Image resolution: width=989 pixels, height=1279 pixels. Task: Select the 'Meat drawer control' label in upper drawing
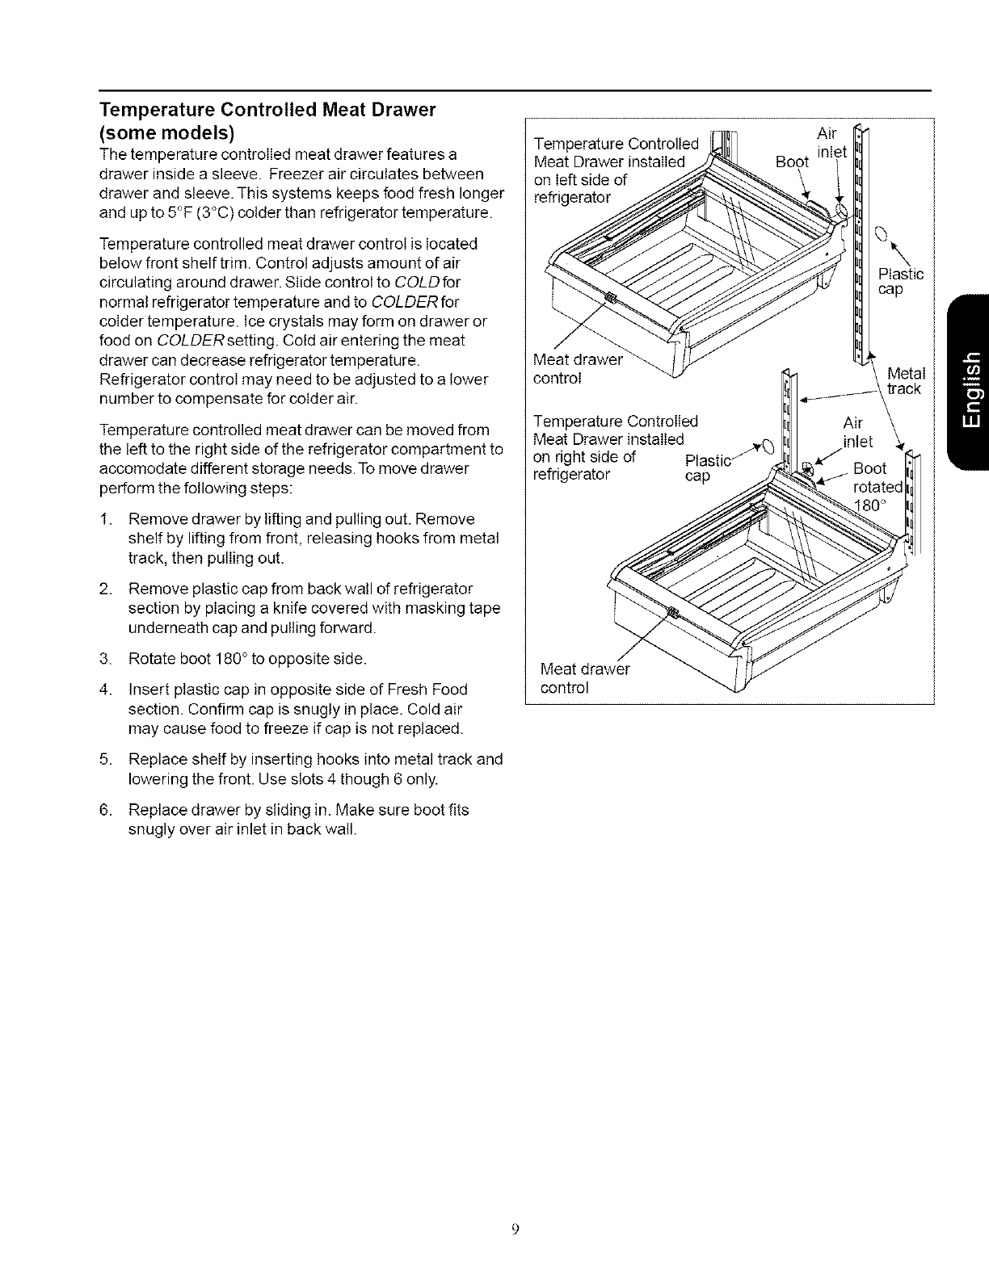point(579,369)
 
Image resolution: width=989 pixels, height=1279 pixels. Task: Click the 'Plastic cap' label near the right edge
point(899,282)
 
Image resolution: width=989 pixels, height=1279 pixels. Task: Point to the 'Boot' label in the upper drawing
point(791,161)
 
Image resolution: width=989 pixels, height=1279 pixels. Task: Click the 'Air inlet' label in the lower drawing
point(856,431)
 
